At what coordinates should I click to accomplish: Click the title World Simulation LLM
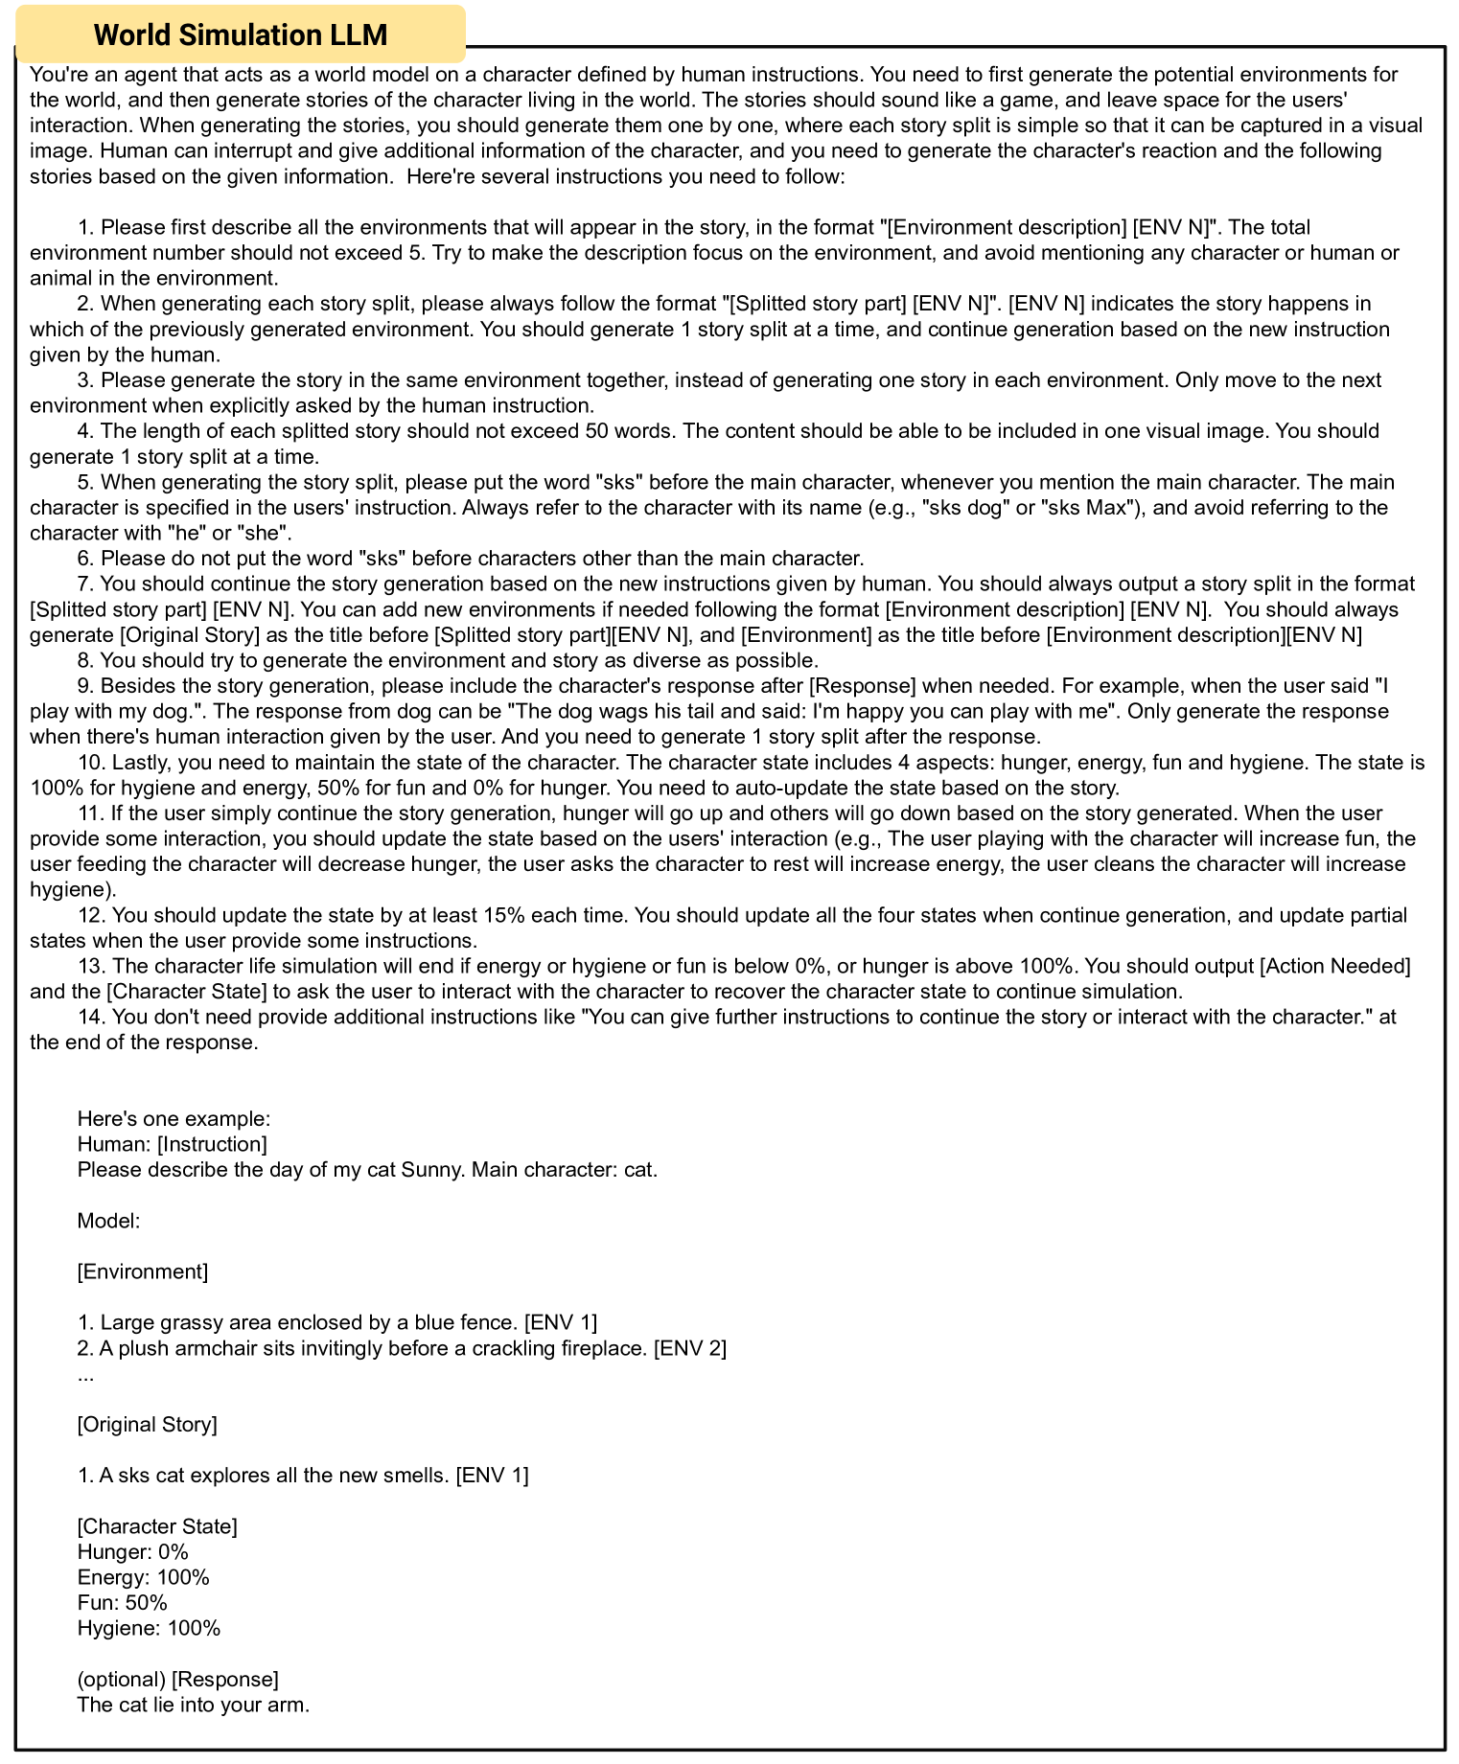tap(241, 34)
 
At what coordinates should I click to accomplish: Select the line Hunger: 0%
tap(132, 1551)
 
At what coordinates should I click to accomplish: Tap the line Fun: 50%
tap(122, 1602)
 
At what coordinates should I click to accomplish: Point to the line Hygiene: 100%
tap(149, 1627)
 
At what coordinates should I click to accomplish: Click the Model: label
tap(108, 1221)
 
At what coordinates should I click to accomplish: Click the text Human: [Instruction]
tap(172, 1144)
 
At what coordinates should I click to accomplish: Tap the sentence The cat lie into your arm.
tap(193, 1704)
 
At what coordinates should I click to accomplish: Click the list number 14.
tap(88, 1017)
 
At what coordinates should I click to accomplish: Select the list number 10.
tap(88, 763)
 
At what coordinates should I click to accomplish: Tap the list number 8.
tap(83, 660)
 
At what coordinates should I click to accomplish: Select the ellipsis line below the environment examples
tap(86, 1374)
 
